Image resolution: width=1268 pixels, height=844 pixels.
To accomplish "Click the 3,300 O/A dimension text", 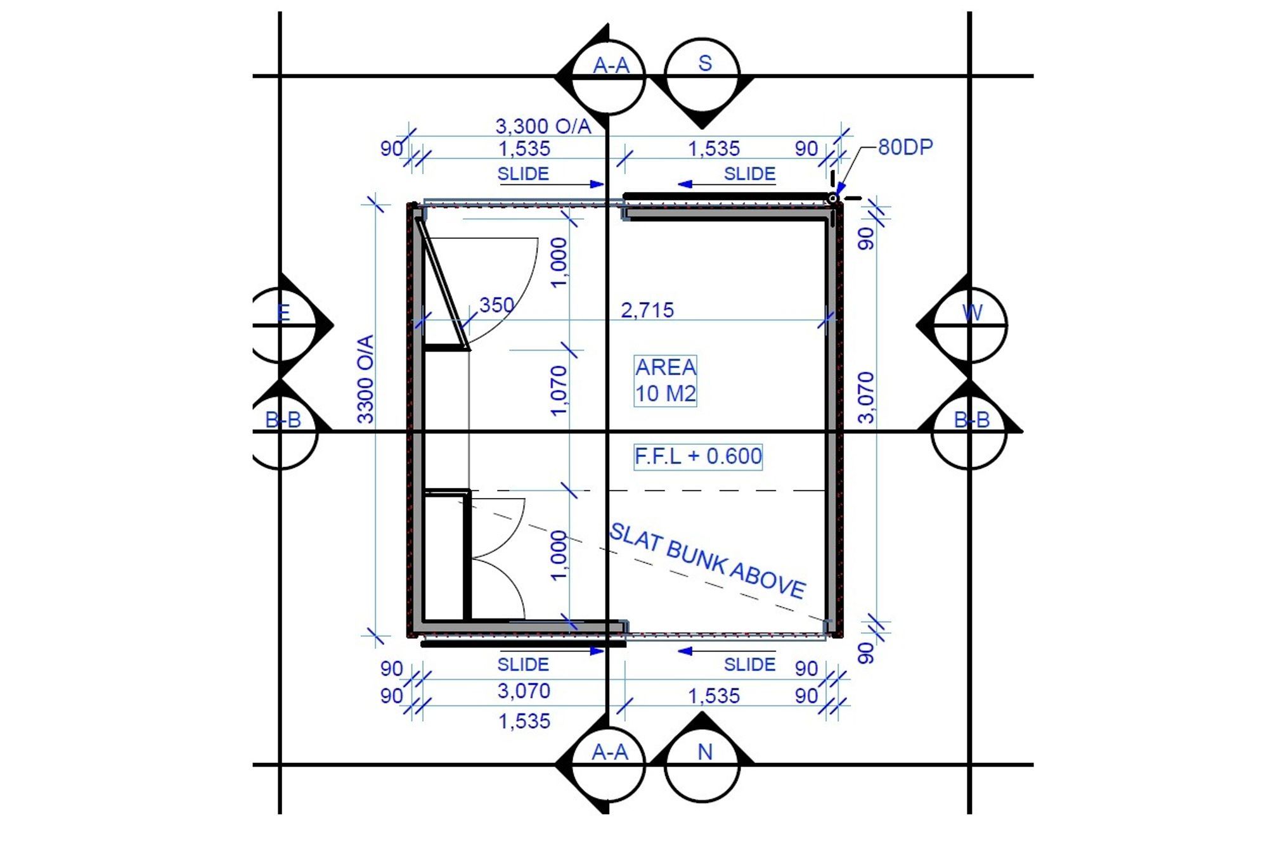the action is click(x=543, y=125).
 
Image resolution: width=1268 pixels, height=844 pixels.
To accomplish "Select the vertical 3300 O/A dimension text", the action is click(x=366, y=379).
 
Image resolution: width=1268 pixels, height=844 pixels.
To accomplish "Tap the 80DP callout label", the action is click(x=905, y=147).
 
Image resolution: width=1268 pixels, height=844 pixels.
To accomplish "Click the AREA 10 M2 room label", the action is click(x=666, y=380).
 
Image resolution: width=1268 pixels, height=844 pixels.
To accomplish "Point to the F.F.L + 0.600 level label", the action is click(x=698, y=456).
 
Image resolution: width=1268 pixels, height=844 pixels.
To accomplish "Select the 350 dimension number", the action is click(x=496, y=305).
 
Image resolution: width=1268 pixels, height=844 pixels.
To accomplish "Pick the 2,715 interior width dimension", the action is click(x=647, y=310).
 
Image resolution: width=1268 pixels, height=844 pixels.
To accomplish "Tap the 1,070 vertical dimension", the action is click(x=559, y=391).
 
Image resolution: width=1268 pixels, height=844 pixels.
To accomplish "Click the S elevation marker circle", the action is click(x=702, y=75).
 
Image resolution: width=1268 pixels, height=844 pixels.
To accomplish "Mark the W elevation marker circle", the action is click(x=969, y=326).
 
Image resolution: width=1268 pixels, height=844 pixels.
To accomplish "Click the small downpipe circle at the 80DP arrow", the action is click(x=833, y=198).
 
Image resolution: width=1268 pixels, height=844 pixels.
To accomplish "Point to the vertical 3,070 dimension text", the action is click(x=866, y=397).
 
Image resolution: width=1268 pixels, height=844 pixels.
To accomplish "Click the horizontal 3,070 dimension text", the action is click(x=524, y=691).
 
